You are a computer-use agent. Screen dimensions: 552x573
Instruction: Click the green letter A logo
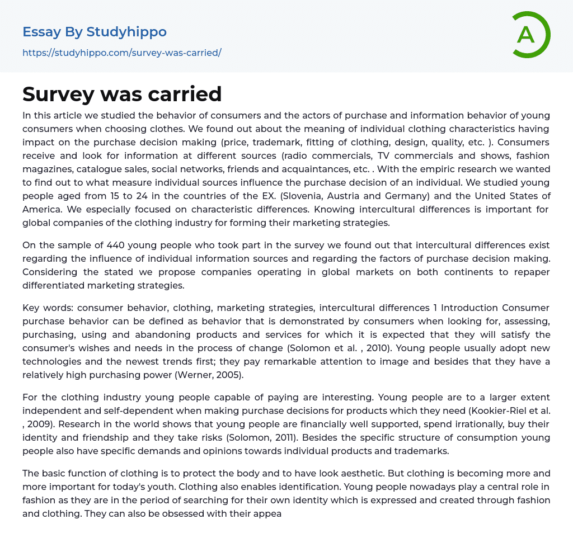(x=530, y=35)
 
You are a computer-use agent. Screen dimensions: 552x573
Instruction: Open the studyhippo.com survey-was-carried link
(x=122, y=53)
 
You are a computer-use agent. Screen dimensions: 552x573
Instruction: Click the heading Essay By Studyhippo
(x=95, y=32)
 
